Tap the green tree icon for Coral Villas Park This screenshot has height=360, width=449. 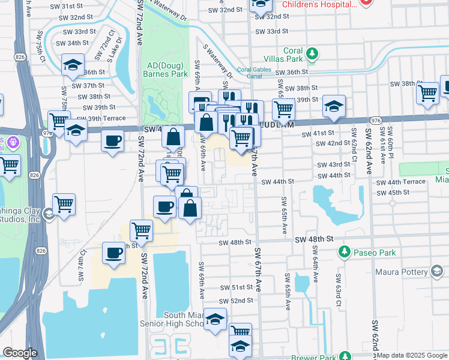tap(312, 53)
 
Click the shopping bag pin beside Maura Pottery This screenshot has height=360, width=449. tap(438, 272)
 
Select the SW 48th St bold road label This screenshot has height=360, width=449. tap(314, 239)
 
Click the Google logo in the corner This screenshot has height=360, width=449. tap(20, 353)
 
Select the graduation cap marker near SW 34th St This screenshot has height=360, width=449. tap(73, 65)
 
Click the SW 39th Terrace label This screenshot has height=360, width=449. tap(104, 118)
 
